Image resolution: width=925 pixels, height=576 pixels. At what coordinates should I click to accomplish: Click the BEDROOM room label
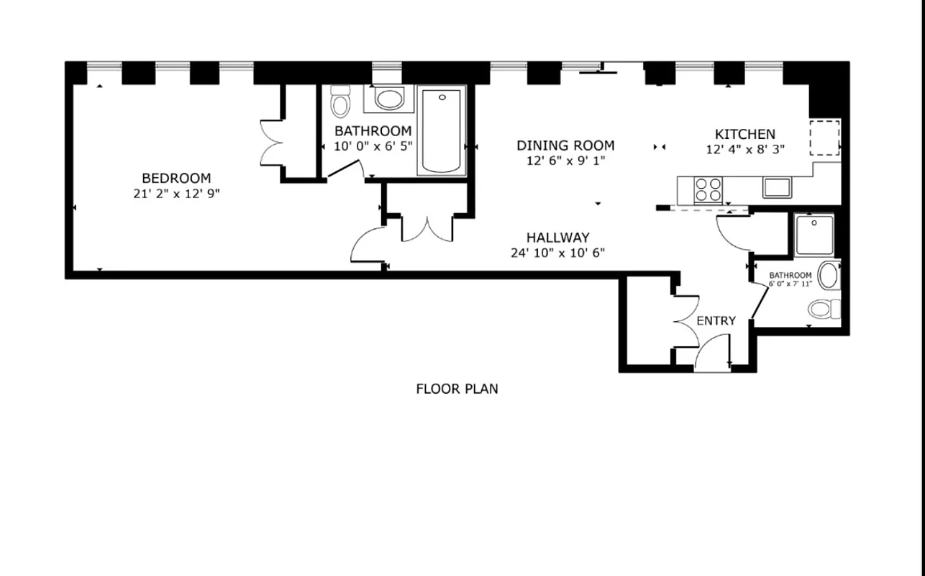tap(176, 178)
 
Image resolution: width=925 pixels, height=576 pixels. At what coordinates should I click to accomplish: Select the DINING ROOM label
tap(565, 145)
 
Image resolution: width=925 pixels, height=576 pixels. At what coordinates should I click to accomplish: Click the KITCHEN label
tap(744, 134)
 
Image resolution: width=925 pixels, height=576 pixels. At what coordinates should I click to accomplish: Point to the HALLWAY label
tap(557, 237)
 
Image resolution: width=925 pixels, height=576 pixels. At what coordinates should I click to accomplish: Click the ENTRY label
tap(716, 320)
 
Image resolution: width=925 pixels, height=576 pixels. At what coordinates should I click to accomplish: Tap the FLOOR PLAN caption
tap(457, 389)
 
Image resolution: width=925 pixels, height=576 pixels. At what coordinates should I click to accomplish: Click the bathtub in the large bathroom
tap(441, 130)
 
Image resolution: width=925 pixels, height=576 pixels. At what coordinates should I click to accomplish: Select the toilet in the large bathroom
tap(340, 102)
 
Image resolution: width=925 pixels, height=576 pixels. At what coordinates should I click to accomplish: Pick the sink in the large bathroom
tap(389, 99)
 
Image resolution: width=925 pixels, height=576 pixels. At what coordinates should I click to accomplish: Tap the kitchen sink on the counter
tap(777, 187)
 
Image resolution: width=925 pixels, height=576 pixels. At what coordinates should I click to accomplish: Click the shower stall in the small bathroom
tap(814, 235)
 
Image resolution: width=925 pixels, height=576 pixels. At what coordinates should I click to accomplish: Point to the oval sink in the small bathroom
tap(829, 276)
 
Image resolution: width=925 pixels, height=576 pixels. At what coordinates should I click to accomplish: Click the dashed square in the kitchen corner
tap(824, 138)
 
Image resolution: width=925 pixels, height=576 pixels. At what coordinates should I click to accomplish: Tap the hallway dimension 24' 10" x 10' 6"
tap(557, 253)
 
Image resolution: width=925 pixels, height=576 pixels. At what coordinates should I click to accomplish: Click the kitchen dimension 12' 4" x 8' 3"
tap(744, 150)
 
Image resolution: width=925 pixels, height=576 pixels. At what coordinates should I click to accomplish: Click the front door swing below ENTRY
tap(712, 356)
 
